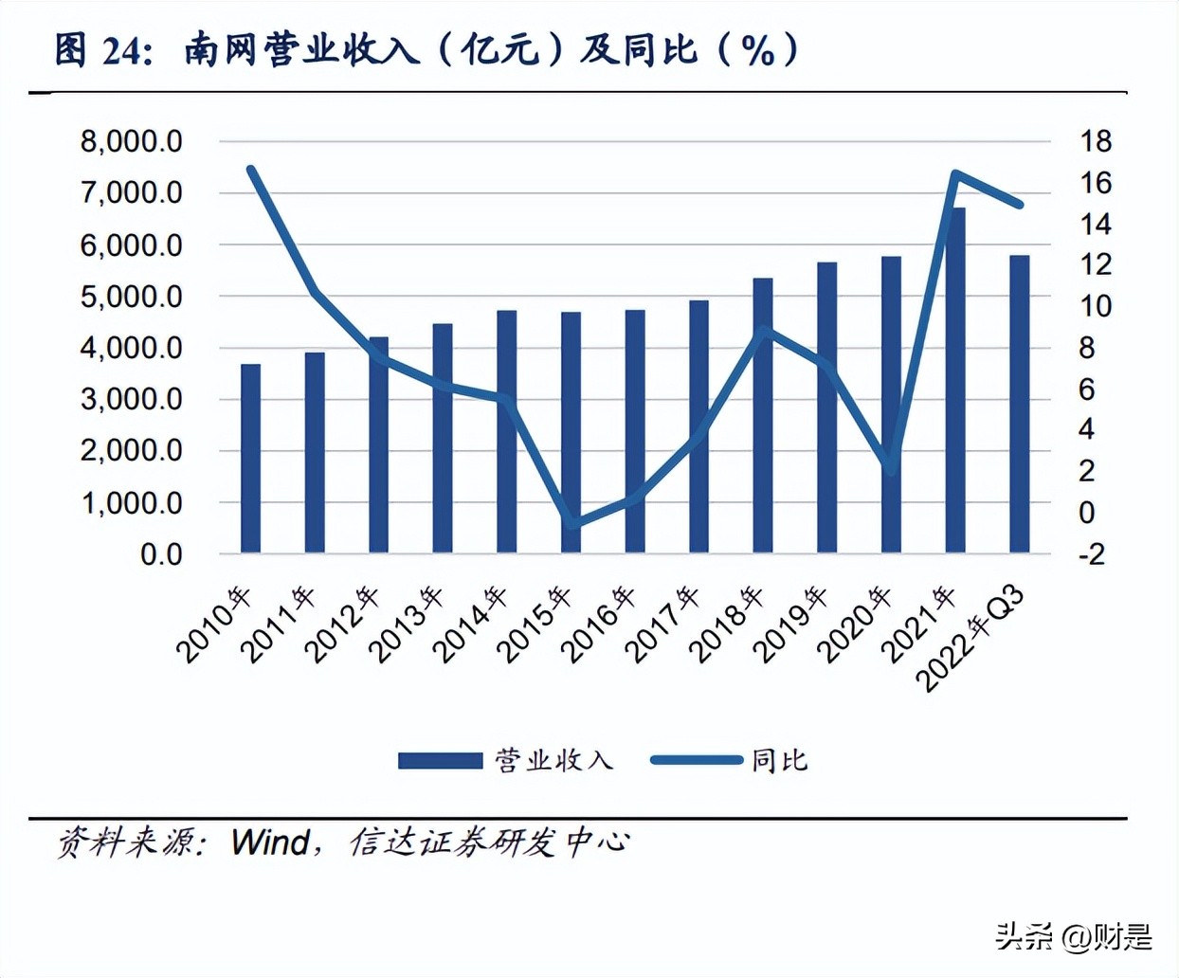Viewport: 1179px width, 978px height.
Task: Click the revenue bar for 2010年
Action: coord(250,458)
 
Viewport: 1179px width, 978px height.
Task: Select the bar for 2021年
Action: coord(955,379)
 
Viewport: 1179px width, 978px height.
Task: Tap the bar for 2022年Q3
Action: coord(1019,404)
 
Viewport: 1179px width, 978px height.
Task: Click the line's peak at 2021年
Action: coord(955,173)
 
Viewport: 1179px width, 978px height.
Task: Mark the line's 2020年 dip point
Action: coord(890,467)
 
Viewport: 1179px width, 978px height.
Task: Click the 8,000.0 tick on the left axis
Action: coord(132,142)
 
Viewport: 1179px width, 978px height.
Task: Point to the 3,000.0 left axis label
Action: coord(132,399)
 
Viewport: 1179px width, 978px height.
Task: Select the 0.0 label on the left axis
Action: coord(161,554)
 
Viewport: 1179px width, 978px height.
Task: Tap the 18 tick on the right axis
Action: coord(1095,142)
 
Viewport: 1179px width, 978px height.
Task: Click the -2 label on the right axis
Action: coord(1092,554)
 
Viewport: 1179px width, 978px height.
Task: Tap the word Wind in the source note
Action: coord(270,842)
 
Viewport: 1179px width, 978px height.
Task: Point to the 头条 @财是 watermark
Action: coord(1073,937)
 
